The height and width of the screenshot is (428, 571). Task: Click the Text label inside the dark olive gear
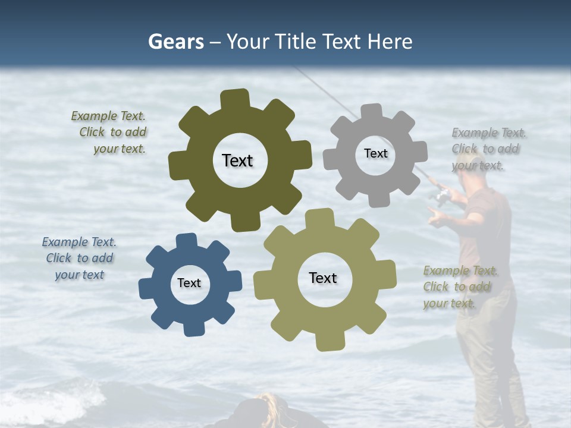(x=237, y=160)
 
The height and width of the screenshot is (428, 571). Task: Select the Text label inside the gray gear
(x=375, y=153)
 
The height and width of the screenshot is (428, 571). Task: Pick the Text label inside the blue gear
(x=189, y=283)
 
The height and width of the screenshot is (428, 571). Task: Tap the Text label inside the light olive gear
(x=323, y=278)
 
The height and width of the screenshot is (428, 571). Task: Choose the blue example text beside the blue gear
(x=79, y=259)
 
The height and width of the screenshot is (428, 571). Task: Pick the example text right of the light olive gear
(x=459, y=287)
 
